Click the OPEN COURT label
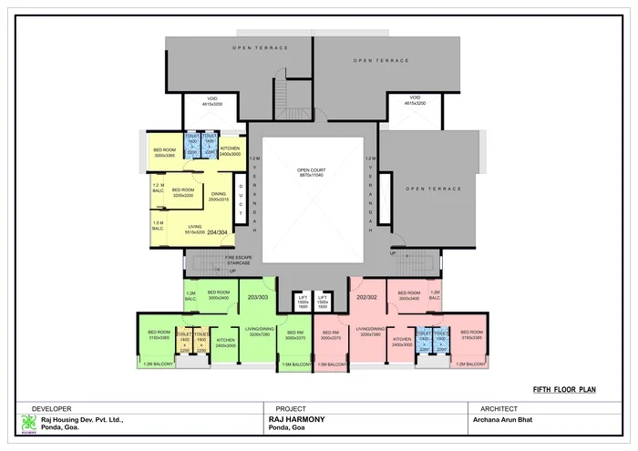pos(312,170)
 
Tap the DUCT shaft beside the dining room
pos(241,199)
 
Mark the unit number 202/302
pos(365,296)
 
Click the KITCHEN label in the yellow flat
pos(230,150)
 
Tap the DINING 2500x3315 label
pos(219,196)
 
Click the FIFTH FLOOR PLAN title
pos(564,388)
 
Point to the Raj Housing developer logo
pos(28,423)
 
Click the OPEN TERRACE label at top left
pos(260,47)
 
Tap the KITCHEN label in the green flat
pos(225,343)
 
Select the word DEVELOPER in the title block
pos(52,408)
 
